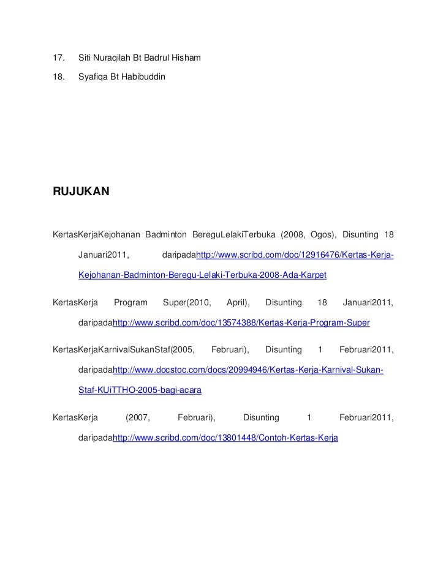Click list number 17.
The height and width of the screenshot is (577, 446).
coord(59,59)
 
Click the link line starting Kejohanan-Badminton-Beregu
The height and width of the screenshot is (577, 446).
coord(203,275)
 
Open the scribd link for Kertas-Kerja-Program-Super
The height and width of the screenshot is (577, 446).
coord(241,322)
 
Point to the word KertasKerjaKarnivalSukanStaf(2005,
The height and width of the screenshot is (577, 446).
coord(124,349)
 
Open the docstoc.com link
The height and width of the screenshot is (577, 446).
coord(249,370)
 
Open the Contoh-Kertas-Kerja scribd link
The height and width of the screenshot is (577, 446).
coord(226,438)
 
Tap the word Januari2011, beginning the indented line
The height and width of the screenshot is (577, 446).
coord(108,255)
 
